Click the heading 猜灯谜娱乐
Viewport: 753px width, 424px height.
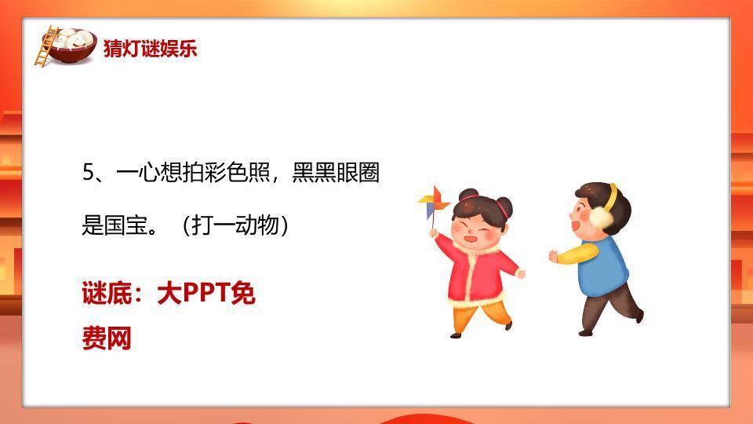coord(150,49)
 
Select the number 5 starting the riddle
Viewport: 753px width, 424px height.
coord(89,173)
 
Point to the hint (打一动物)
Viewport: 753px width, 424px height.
coord(235,226)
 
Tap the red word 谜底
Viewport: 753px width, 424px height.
coord(105,294)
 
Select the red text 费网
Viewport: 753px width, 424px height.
coord(107,338)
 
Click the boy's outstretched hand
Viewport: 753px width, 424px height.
coord(553,256)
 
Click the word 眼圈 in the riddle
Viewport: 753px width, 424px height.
coord(353,173)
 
